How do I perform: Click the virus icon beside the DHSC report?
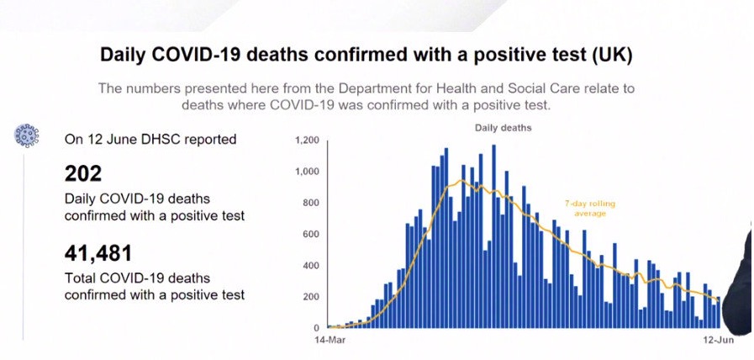point(26,135)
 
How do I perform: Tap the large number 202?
point(83,173)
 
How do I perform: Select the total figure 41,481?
point(98,253)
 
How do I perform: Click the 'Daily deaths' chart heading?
point(504,129)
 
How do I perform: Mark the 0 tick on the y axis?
point(315,328)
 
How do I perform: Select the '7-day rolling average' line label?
point(590,209)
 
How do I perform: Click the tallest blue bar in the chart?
point(494,236)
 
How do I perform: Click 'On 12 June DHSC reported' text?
point(150,140)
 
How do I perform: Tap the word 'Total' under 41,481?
point(80,278)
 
